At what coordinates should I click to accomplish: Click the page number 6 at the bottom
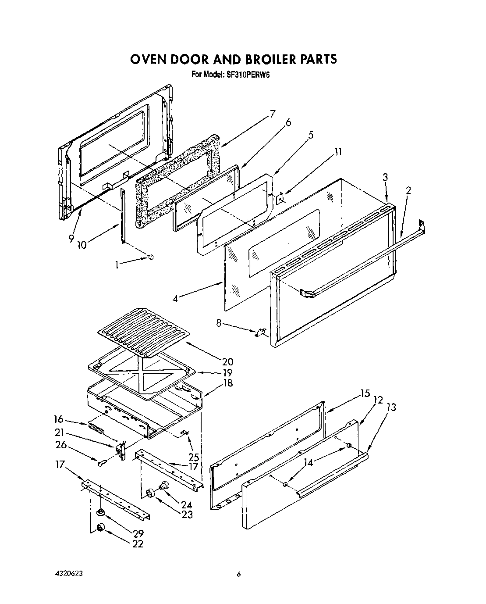click(238, 574)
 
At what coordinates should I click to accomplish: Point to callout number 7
click(272, 114)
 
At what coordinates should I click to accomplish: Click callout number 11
click(337, 152)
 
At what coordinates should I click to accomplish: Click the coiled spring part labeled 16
click(97, 427)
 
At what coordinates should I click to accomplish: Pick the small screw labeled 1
click(151, 257)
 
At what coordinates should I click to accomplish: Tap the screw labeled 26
click(102, 462)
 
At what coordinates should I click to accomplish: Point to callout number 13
click(391, 407)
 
